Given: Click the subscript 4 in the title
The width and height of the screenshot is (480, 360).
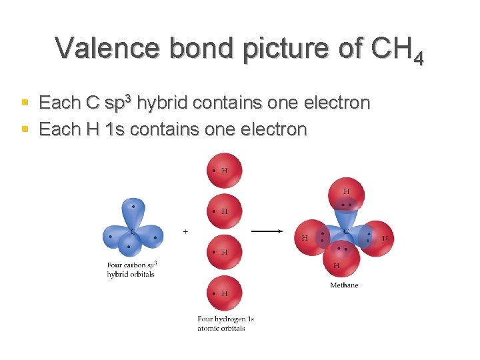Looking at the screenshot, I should point(418,59).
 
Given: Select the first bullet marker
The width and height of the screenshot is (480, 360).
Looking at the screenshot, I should point(25,103).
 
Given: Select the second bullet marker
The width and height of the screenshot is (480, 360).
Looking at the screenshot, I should point(25,128).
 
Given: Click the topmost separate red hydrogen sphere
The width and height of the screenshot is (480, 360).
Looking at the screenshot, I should point(225,170).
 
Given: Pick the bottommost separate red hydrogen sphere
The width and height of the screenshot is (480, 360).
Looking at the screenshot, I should point(225,293).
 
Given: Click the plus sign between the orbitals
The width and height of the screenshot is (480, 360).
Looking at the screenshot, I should point(185,231).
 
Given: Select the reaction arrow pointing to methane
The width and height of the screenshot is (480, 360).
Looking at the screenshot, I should point(267,231).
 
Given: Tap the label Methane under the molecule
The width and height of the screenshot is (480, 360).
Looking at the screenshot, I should point(344,285).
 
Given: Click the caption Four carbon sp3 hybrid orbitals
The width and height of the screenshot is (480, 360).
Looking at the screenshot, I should point(131,269).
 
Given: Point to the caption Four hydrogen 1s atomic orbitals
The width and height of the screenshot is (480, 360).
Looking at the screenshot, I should point(225,323).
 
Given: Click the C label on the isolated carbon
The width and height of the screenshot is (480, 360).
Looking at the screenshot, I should point(133,232).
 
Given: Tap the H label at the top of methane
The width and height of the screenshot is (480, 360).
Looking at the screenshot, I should point(346,191).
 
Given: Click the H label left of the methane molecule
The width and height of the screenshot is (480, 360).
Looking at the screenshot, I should point(305,238).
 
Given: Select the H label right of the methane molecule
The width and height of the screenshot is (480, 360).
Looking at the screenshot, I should point(385,238).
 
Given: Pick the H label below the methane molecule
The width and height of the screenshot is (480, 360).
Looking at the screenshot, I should point(336,265).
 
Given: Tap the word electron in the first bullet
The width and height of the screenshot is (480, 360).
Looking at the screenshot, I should point(337,103).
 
